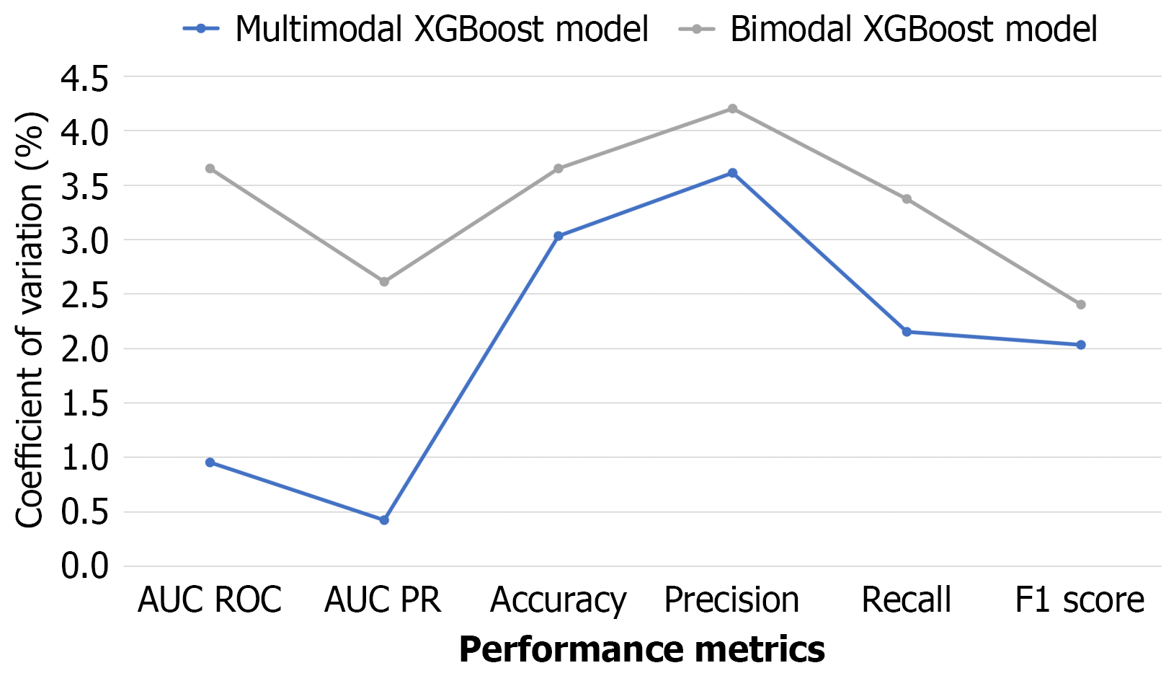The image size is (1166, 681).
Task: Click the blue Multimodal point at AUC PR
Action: click(x=384, y=520)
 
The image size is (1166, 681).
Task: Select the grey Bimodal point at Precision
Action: click(x=732, y=109)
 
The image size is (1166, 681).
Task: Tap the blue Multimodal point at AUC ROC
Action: click(x=210, y=462)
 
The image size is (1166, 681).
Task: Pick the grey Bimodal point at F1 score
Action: click(x=1081, y=305)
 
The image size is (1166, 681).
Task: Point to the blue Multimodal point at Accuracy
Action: click(x=558, y=236)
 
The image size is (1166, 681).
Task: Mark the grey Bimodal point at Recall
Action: click(x=907, y=199)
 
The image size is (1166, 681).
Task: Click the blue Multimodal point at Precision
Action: click(x=732, y=173)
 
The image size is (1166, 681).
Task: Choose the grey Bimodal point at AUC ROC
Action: click(x=210, y=169)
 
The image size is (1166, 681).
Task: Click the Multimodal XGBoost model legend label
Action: click(x=442, y=30)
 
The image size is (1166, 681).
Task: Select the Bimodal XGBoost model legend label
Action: click(x=914, y=30)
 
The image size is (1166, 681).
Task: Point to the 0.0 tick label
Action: click(x=84, y=567)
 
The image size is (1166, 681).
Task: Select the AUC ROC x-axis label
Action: click(x=210, y=600)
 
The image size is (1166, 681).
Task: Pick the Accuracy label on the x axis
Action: click(x=558, y=600)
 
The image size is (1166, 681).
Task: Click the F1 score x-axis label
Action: click(x=1080, y=600)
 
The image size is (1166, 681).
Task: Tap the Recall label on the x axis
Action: click(x=907, y=600)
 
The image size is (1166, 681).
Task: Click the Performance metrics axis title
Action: click(x=641, y=649)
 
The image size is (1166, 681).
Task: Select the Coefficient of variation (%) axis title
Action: click(x=30, y=321)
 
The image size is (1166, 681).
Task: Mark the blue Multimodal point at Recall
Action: click(x=907, y=332)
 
